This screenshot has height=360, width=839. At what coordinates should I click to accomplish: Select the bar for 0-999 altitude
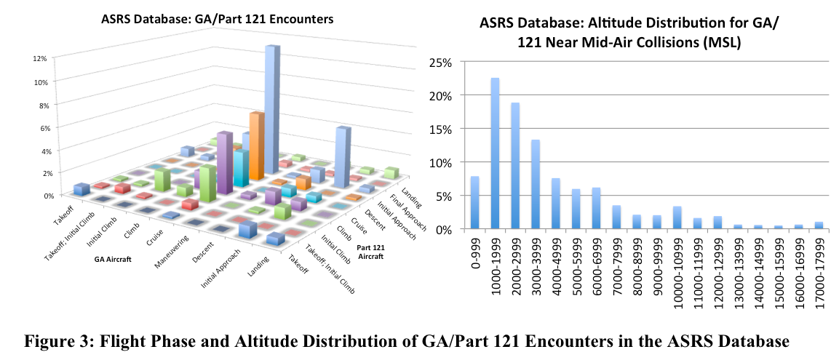[x=474, y=203]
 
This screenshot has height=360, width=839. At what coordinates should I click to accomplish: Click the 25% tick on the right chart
[x=440, y=63]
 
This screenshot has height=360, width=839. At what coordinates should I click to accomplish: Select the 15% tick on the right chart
[x=440, y=129]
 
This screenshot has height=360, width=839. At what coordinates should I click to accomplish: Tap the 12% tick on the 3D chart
[x=39, y=58]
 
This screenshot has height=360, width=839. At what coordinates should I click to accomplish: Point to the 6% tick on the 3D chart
[x=39, y=127]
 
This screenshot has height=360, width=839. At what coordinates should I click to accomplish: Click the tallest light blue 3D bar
[x=272, y=109]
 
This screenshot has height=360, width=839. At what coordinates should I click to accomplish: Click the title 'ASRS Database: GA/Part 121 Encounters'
[x=217, y=20]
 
